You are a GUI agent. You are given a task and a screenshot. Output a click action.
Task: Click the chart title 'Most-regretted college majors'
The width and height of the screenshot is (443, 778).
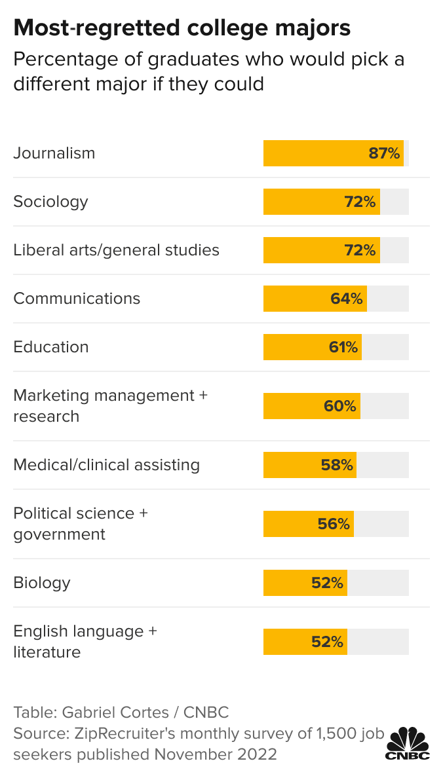tap(182, 28)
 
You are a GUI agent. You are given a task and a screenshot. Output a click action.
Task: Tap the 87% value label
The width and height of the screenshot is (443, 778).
tap(384, 153)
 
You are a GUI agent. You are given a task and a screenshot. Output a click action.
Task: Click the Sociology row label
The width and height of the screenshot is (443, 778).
tap(50, 201)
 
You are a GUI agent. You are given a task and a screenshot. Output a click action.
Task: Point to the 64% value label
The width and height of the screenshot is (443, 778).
tap(347, 299)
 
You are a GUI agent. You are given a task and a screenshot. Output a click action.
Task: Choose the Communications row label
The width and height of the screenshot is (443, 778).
tap(77, 299)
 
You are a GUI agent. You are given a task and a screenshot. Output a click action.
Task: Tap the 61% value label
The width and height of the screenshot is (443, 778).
tap(343, 347)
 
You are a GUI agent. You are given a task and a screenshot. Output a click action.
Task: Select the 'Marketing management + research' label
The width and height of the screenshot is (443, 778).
tap(110, 406)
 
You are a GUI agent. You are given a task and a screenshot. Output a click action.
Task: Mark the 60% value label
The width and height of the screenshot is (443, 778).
tap(340, 406)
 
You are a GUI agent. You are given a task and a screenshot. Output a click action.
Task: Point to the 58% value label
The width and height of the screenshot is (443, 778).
tap(337, 465)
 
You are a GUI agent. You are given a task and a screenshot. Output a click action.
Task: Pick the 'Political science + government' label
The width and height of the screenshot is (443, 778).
tap(81, 524)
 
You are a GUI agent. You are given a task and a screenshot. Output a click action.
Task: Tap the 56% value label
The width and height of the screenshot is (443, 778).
tap(334, 524)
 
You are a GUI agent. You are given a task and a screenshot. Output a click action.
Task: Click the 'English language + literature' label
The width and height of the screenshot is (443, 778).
tap(85, 642)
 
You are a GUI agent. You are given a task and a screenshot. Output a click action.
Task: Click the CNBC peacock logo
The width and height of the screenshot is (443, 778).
tap(408, 743)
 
